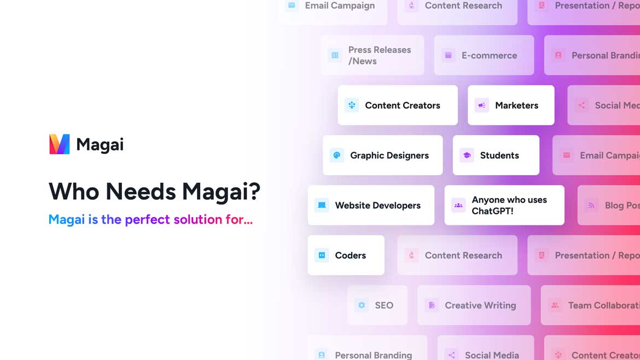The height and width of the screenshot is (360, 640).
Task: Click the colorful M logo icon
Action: [x=60, y=144]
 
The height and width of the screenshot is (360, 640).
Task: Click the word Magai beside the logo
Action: [x=100, y=144]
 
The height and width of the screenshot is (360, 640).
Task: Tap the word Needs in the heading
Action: [x=141, y=191]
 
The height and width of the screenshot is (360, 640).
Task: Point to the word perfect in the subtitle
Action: [x=147, y=219]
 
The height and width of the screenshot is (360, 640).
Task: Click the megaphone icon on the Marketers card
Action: [x=481, y=106]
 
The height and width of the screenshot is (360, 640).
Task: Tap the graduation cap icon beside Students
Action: [x=467, y=155]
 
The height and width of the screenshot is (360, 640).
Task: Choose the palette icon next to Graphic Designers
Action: [x=337, y=155]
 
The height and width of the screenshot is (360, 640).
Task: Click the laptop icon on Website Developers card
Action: [x=322, y=205]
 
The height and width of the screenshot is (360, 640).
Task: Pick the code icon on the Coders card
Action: [x=322, y=256]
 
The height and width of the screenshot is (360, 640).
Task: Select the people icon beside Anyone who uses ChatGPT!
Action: [x=458, y=205]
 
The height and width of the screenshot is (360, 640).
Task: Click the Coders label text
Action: [x=350, y=256]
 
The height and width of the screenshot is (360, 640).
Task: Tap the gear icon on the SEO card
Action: [x=362, y=305]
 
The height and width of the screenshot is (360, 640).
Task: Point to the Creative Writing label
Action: [x=480, y=305]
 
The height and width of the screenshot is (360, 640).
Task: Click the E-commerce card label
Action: [x=489, y=55]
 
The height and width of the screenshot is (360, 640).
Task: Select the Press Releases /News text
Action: [x=379, y=55]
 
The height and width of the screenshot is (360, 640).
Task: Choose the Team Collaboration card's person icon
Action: [x=555, y=305]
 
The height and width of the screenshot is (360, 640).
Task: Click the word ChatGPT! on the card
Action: [x=492, y=211]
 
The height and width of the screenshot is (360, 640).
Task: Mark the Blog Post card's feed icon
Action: [x=591, y=205]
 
